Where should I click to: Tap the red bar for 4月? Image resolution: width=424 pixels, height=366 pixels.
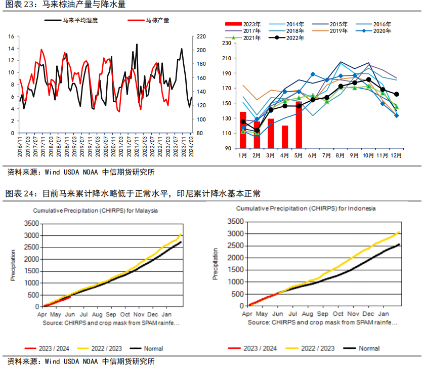285,137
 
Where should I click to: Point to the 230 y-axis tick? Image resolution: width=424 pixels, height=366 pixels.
227,44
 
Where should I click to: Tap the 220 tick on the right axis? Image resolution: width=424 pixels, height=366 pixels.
201,37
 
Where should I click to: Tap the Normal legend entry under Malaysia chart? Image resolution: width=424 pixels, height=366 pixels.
152,349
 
